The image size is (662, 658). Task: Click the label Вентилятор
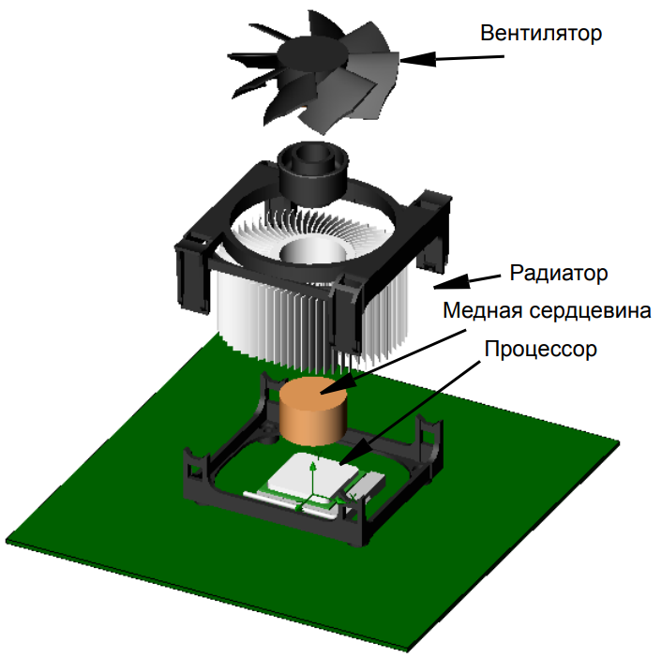pyautogui.click(x=541, y=33)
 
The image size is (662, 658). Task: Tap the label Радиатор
pyautogui.click(x=559, y=273)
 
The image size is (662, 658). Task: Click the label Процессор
pyautogui.click(x=540, y=349)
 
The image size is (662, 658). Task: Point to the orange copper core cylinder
pyautogui.click(x=313, y=411)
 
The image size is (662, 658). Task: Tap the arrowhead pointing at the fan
pyautogui.click(x=417, y=59)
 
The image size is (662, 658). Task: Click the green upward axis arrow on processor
pyautogui.click(x=313, y=479)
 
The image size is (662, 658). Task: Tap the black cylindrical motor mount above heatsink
pyautogui.click(x=313, y=173)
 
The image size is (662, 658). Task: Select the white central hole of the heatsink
pyautogui.click(x=313, y=250)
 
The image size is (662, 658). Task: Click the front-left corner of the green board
pyautogui.click(x=7, y=542)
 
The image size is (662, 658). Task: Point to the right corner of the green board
pyautogui.click(x=619, y=442)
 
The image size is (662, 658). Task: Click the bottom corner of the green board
pyautogui.click(x=407, y=650)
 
